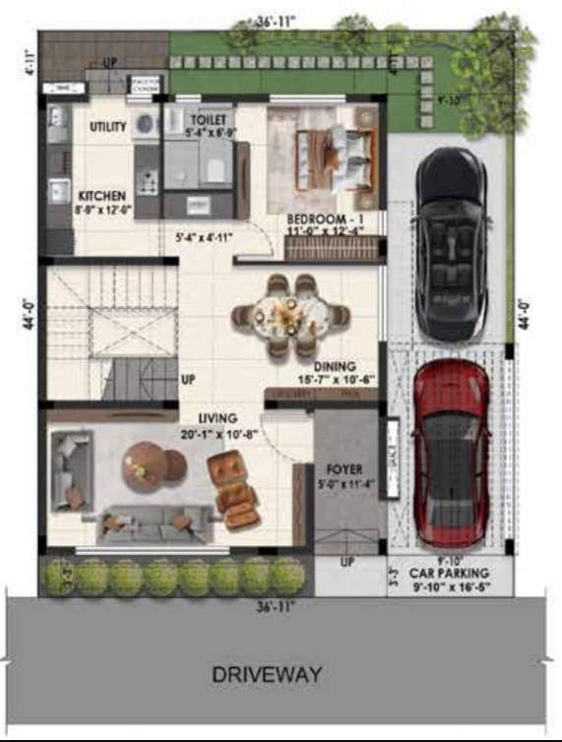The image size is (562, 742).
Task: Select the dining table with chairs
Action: pyautogui.click(x=291, y=316)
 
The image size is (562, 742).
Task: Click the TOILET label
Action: pyautogui.click(x=208, y=120)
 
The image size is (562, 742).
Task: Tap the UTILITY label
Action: pyautogui.click(x=107, y=127)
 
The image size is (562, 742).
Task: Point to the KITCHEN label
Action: pyautogui.click(x=101, y=196)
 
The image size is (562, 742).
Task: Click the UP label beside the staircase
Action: pyautogui.click(x=188, y=378)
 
